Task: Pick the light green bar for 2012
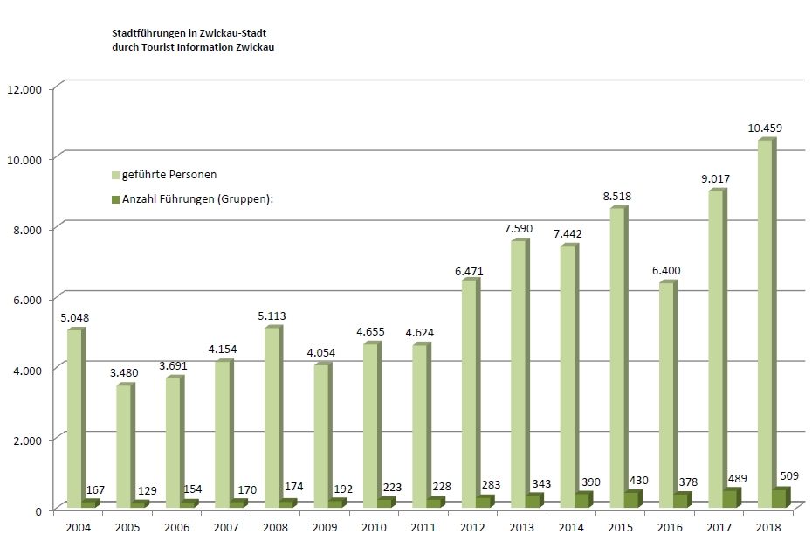click(470, 393)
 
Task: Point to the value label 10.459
click(765, 128)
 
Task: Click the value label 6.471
click(469, 270)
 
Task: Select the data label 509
click(790, 477)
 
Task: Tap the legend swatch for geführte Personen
click(115, 176)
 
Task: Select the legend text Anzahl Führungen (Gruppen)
click(198, 199)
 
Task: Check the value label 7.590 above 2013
click(519, 229)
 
